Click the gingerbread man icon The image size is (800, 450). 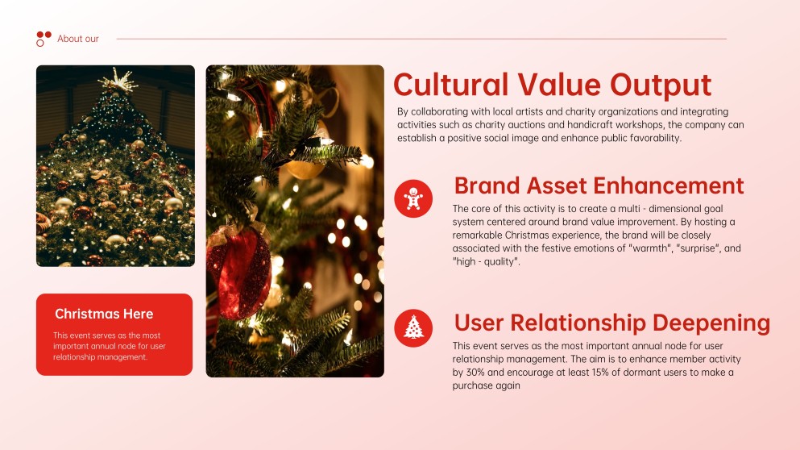coord(413,198)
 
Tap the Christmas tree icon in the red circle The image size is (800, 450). coord(413,327)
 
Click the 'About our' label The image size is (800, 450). coord(78,39)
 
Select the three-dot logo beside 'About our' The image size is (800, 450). coord(44,38)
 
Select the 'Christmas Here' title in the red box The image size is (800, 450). coord(104,314)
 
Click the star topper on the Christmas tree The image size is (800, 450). coord(118,80)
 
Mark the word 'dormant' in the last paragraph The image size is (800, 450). coord(646,372)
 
